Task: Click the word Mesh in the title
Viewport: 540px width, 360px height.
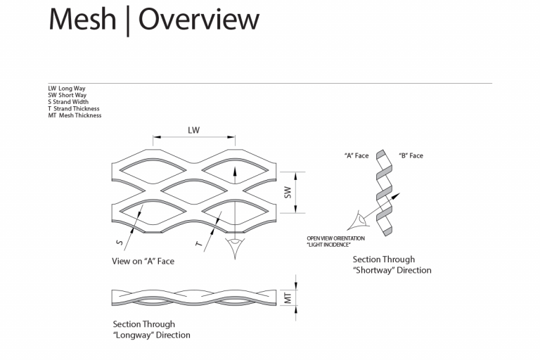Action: pos(82,20)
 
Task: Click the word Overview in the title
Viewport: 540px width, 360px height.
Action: pos(199,20)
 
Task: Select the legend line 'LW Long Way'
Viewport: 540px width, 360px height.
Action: pos(67,89)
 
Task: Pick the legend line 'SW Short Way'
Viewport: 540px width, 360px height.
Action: pos(67,95)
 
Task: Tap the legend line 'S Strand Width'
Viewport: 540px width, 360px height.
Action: pos(69,102)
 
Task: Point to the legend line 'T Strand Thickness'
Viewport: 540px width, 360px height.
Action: pos(74,109)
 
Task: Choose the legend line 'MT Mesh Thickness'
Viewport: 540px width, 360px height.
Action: pos(75,115)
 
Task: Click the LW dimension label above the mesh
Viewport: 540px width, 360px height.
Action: pos(193,130)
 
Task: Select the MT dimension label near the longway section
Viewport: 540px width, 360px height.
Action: pos(287,297)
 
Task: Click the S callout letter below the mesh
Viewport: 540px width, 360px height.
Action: pos(120,243)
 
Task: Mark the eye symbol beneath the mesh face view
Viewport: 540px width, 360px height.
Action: pos(235,247)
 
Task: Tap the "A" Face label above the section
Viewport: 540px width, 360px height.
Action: pos(356,156)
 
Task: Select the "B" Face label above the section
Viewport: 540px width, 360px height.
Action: pos(411,156)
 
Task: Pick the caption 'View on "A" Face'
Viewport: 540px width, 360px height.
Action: pos(143,262)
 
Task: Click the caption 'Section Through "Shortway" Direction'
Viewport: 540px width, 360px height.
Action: pos(392,265)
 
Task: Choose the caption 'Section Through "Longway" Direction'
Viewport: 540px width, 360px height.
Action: pos(151,330)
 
